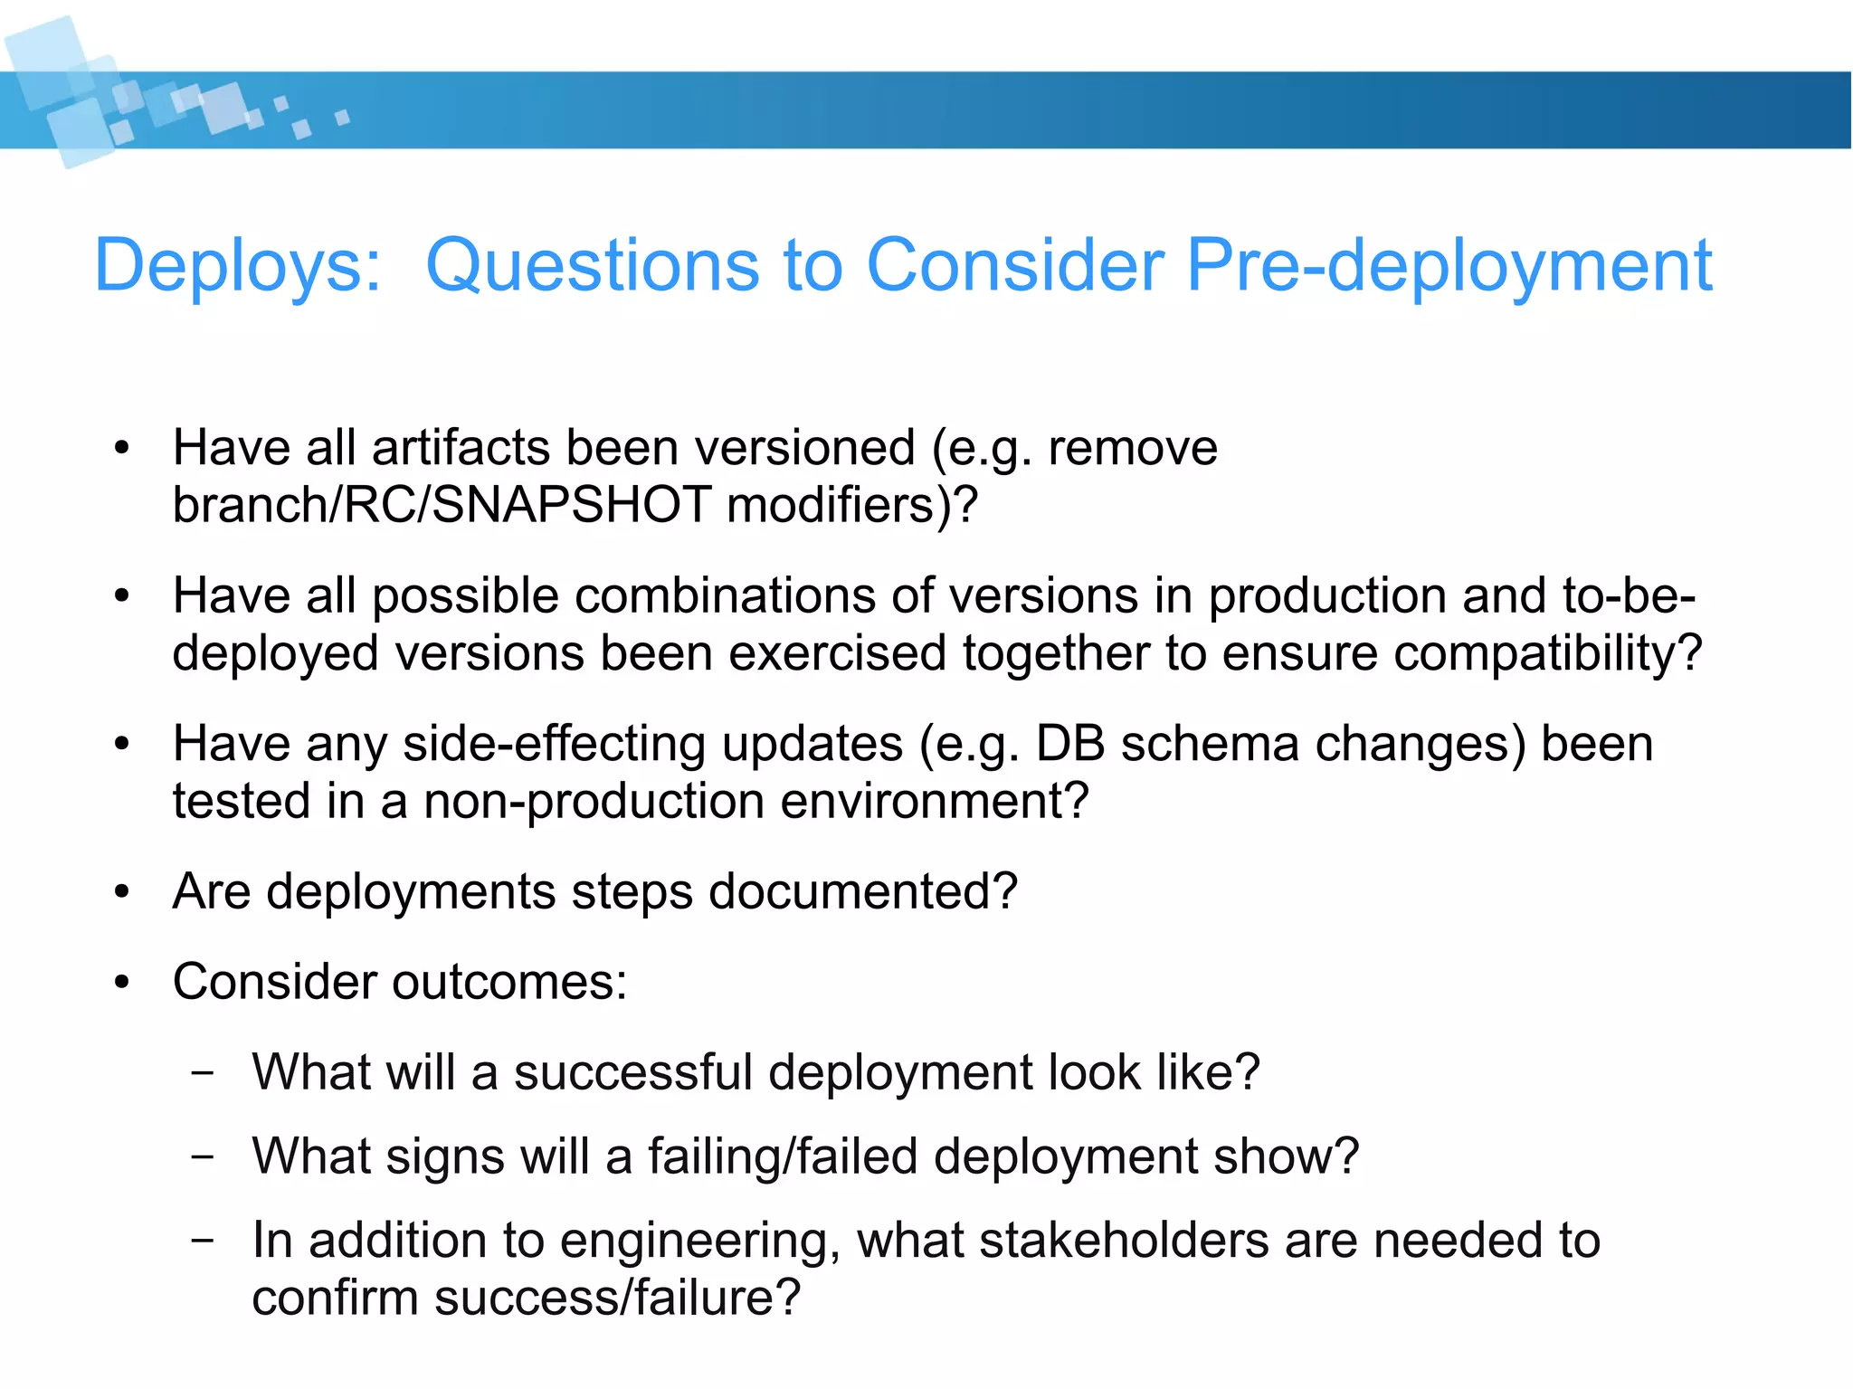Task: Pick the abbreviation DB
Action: [x=1069, y=745]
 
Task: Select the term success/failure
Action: [x=617, y=1298]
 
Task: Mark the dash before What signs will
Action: [x=204, y=1157]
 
